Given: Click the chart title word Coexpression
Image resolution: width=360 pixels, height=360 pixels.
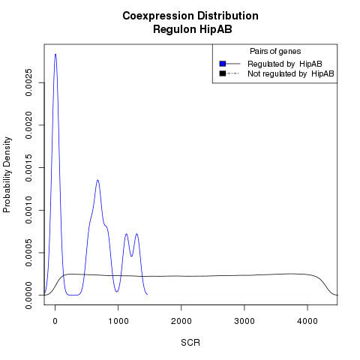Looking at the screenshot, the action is (x=158, y=16).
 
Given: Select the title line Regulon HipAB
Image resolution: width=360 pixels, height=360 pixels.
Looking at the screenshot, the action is (x=193, y=29).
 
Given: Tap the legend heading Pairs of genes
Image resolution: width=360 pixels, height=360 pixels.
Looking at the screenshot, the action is (x=275, y=51).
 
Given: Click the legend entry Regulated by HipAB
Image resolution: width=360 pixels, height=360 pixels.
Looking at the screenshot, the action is (x=285, y=64).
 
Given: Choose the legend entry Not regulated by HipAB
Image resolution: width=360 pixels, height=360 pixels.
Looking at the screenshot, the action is (x=291, y=73).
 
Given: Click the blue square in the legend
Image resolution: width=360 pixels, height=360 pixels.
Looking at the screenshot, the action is (x=223, y=64).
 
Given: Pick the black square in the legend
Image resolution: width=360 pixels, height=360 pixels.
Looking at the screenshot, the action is (x=223, y=73).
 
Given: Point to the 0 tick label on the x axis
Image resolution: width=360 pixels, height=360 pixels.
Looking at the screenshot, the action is (x=55, y=321).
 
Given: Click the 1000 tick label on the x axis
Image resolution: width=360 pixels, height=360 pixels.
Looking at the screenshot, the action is (x=118, y=321).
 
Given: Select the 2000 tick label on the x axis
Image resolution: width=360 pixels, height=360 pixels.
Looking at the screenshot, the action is (x=181, y=321).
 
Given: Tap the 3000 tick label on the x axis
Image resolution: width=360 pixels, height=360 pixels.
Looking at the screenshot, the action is (x=244, y=321).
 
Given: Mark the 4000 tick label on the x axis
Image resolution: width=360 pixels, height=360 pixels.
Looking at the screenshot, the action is (x=307, y=321).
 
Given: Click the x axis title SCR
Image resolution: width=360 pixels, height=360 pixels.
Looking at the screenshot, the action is (x=190, y=343).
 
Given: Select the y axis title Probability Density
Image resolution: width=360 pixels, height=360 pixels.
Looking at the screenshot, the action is (x=7, y=175).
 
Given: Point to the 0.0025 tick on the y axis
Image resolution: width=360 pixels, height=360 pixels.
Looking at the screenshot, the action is (x=28, y=82).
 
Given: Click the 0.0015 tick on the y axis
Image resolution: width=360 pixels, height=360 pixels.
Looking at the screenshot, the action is (x=28, y=167).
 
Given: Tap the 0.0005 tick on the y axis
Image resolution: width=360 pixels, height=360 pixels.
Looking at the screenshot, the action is (x=28, y=253).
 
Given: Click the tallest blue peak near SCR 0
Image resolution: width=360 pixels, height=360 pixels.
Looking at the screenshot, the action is (x=55, y=54).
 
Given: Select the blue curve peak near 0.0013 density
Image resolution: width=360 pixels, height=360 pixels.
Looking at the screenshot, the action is (x=97, y=180).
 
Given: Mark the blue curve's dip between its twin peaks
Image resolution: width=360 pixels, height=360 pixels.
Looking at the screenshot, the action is (x=131, y=256).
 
